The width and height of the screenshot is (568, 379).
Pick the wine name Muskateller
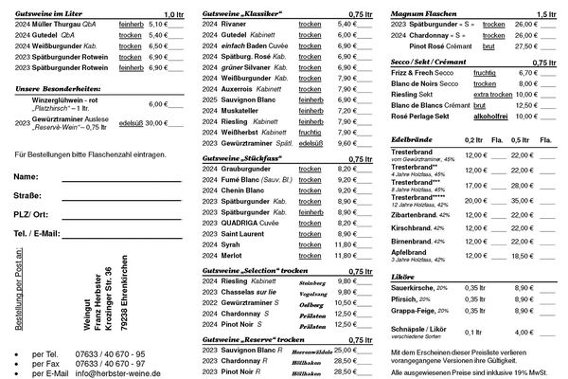click(x=244, y=111)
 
